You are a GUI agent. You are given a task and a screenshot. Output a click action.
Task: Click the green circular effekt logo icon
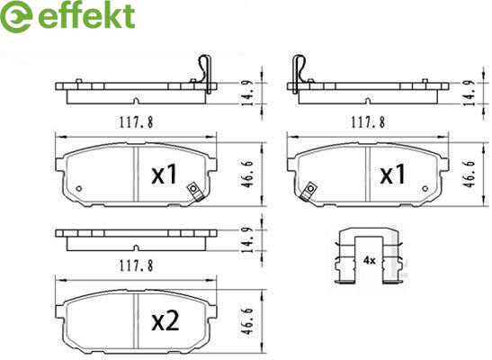tap(15, 16)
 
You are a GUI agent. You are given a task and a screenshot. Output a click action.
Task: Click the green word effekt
tap(86, 16)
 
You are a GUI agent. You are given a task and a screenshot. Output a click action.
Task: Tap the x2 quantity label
tap(165, 321)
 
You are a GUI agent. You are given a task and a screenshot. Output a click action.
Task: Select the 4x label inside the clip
tap(370, 260)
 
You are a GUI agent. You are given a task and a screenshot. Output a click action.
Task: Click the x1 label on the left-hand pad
tap(165, 175)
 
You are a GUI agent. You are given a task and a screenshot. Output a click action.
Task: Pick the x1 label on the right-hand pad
tap(392, 175)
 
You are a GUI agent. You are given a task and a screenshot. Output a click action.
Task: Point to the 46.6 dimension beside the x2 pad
tap(247, 321)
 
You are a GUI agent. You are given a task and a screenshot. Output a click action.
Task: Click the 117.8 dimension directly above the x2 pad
tap(136, 266)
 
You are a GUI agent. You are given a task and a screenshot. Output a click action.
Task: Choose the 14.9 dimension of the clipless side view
tap(248, 240)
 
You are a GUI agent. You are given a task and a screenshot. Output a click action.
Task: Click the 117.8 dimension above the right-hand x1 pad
tap(368, 122)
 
